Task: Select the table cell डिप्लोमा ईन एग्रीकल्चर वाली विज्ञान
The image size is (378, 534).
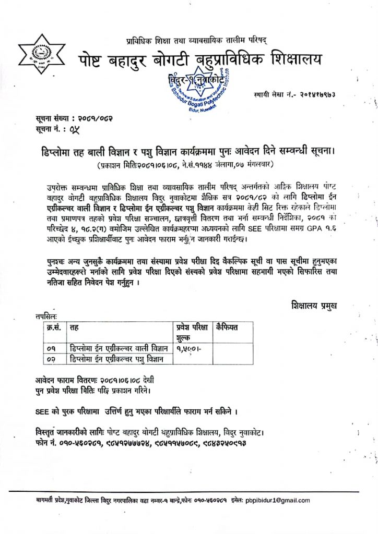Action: [119, 348]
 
